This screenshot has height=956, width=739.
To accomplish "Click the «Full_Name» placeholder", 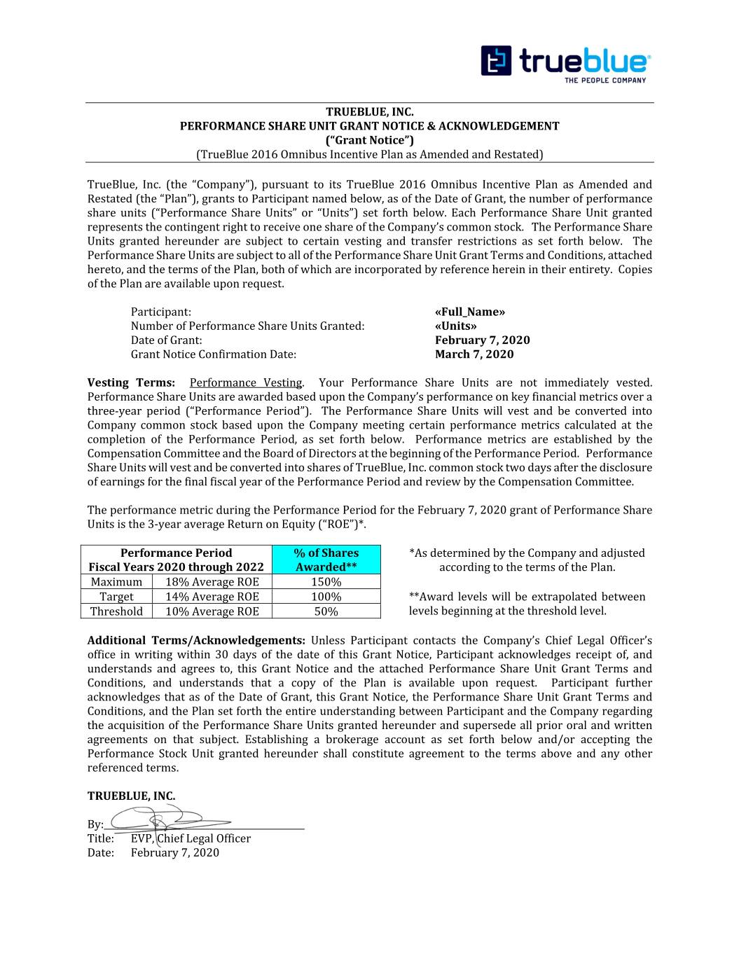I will click(469, 312).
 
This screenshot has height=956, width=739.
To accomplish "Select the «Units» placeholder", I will click(455, 326).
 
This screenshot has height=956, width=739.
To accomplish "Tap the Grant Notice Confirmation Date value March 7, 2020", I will click(474, 354).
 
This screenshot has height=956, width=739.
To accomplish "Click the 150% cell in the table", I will click(326, 582).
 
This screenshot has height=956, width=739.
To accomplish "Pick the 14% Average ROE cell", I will click(212, 597).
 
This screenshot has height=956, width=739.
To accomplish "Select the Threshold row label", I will click(116, 611).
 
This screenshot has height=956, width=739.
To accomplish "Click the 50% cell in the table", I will click(326, 611).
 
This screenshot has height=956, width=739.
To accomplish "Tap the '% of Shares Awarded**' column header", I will click(326, 560).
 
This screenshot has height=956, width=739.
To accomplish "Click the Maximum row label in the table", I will click(116, 582).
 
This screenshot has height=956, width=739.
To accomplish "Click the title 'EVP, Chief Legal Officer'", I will click(191, 838).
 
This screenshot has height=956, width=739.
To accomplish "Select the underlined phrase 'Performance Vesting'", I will click(245, 382).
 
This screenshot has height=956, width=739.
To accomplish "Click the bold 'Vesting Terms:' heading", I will click(131, 382).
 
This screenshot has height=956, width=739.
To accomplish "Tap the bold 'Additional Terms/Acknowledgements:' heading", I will click(196, 640).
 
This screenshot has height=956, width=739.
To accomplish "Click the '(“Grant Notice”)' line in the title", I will click(369, 140).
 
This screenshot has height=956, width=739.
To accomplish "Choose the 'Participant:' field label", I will click(160, 312).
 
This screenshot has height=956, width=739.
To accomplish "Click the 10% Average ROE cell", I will click(212, 611).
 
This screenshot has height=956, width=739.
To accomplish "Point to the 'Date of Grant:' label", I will click(166, 340).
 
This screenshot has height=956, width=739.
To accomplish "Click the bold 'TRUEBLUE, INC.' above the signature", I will click(131, 796).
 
